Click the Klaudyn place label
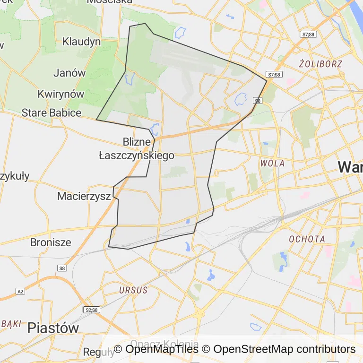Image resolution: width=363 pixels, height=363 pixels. pyautogui.click(x=81, y=42)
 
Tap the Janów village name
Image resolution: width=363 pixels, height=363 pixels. pyautogui.click(x=69, y=73)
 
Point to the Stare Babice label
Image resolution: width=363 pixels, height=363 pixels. pyautogui.click(x=52, y=113)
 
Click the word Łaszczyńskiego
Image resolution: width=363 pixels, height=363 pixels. pyautogui.click(x=136, y=155)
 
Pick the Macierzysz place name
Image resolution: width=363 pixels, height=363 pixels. pyautogui.click(x=84, y=196)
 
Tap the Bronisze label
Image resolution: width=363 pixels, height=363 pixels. pyautogui.click(x=51, y=242)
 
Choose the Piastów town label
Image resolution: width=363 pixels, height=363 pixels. pyautogui.click(x=53, y=328)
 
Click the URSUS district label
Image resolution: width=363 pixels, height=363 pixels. pyautogui.click(x=133, y=290)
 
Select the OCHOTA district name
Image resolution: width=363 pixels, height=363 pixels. pyautogui.click(x=307, y=239)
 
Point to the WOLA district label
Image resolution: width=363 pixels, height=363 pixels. pyautogui.click(x=272, y=164)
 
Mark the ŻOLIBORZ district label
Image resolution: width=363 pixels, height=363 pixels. pyautogui.click(x=320, y=63)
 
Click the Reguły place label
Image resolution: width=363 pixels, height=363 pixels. pyautogui.click(x=98, y=352)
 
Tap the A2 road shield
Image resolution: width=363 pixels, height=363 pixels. pyautogui.click(x=20, y=291)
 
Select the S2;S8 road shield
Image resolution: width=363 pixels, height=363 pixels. pyautogui.click(x=92, y=310)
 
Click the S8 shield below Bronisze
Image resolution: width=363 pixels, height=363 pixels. pyautogui.click(x=61, y=268)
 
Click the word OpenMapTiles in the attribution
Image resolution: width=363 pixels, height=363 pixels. pyautogui.click(x=162, y=349)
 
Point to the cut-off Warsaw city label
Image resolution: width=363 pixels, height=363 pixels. pyautogui.click(x=350, y=166)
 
